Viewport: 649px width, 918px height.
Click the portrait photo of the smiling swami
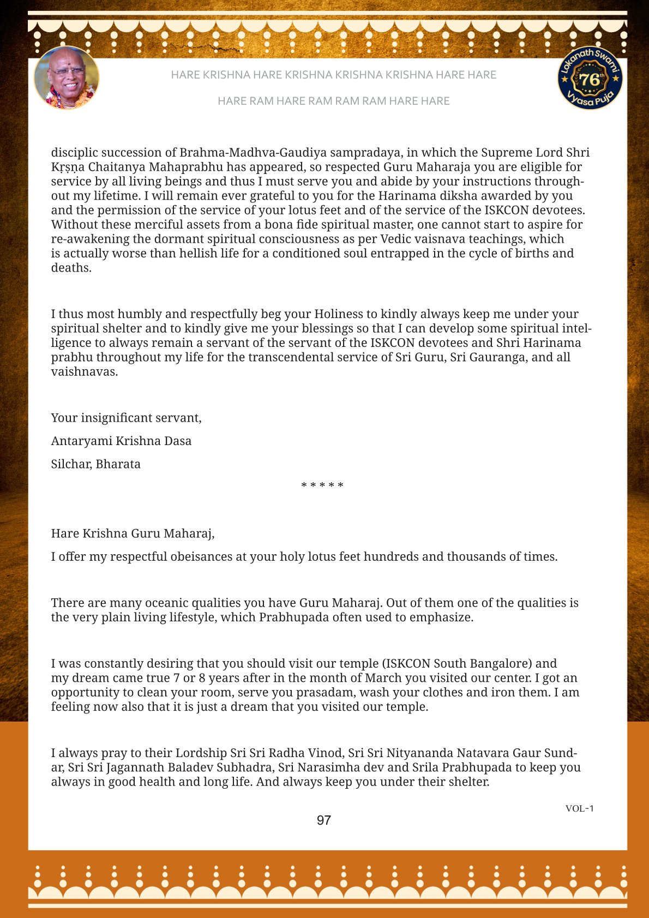coord(67,77)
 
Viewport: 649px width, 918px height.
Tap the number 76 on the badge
coord(589,80)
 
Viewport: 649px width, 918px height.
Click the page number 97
coord(324,820)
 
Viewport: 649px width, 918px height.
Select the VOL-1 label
coord(579,808)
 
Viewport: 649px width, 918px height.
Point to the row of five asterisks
coord(322,485)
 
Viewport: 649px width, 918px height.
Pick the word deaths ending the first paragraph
coord(71,268)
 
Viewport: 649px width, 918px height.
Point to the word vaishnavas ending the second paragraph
coord(84,372)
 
